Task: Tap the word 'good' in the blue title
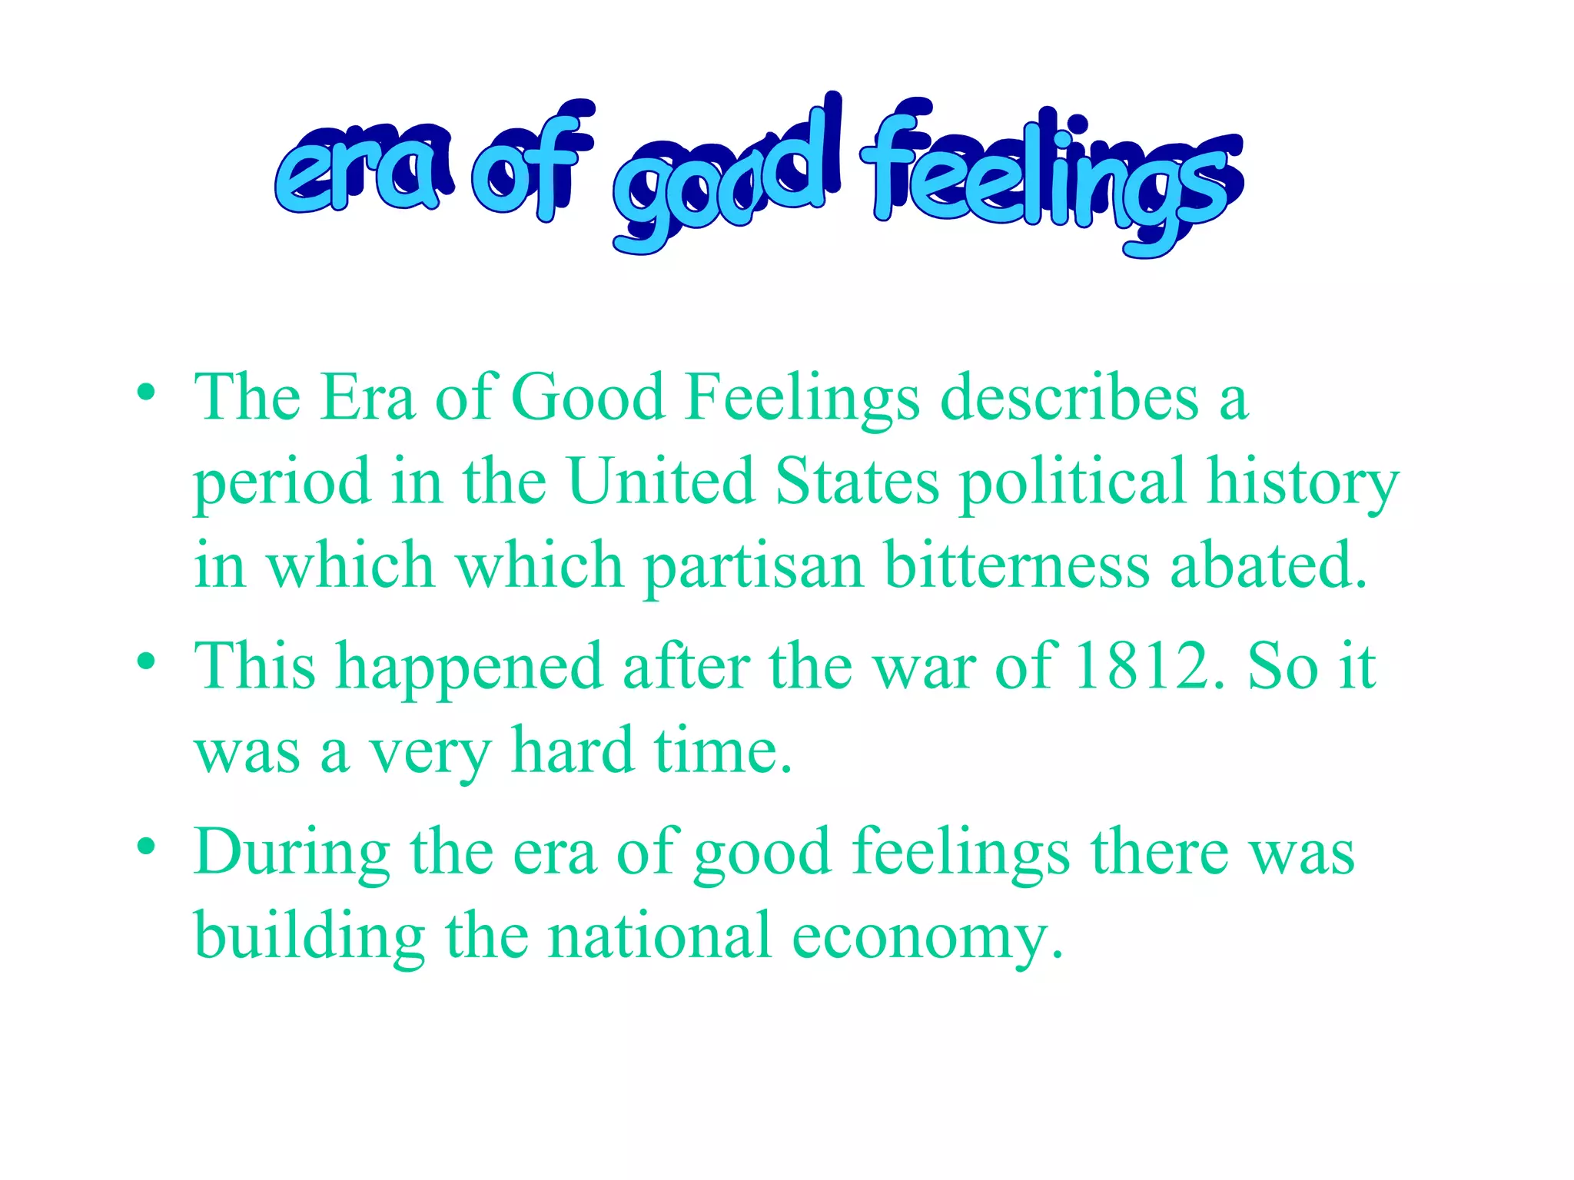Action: pyautogui.click(x=722, y=181)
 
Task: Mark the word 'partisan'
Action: pyautogui.click(x=753, y=567)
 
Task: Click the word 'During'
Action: pyautogui.click(x=292, y=853)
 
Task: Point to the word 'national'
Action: pyautogui.click(x=659, y=936)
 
